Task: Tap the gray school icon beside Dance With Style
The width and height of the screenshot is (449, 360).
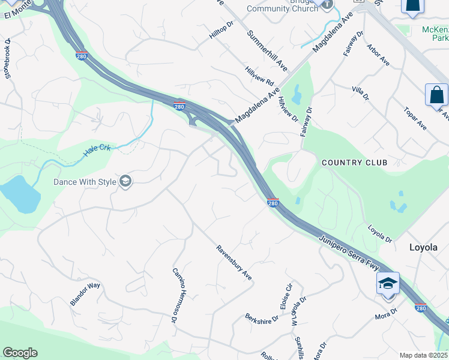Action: tap(125, 181)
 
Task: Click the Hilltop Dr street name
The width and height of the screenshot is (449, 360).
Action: tap(220, 32)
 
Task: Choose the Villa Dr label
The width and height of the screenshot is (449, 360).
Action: tap(360, 93)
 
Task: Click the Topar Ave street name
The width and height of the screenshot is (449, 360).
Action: tap(414, 119)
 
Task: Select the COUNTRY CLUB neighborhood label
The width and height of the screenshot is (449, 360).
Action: tap(354, 163)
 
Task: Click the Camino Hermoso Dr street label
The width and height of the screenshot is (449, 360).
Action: tap(175, 295)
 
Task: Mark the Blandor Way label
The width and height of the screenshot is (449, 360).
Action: tap(85, 294)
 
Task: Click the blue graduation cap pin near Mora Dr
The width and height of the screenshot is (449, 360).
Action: tap(388, 283)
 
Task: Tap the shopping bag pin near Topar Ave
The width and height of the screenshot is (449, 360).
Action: tap(436, 95)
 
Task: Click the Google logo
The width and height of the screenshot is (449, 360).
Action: tap(20, 353)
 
